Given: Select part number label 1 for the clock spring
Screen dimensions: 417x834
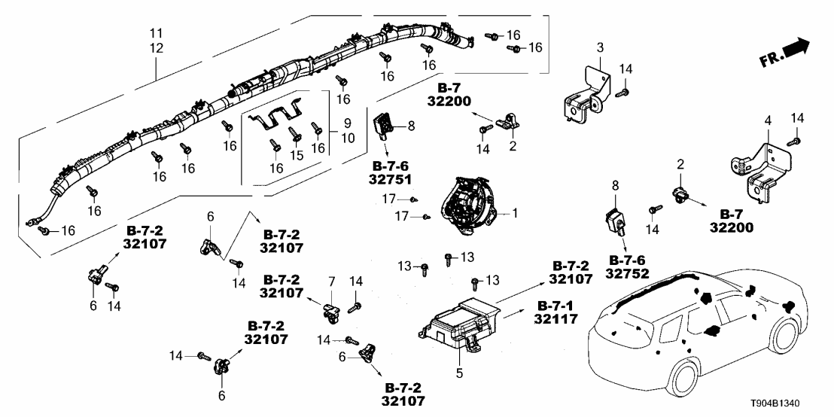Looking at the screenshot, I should pyautogui.click(x=516, y=213).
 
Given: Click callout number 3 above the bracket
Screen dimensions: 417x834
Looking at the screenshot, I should pyautogui.click(x=600, y=48).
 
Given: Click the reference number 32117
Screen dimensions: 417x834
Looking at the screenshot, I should pyautogui.click(x=556, y=319).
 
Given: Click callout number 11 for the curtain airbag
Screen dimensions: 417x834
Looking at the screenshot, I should pyautogui.click(x=156, y=34).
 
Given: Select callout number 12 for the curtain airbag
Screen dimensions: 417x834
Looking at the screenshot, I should pyautogui.click(x=156, y=47).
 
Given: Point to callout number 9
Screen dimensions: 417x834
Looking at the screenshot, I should pyautogui.click(x=348, y=123).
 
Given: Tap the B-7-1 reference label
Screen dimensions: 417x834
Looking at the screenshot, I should pyautogui.click(x=555, y=306).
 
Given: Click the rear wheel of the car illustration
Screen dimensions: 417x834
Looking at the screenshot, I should pyautogui.click(x=683, y=382).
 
